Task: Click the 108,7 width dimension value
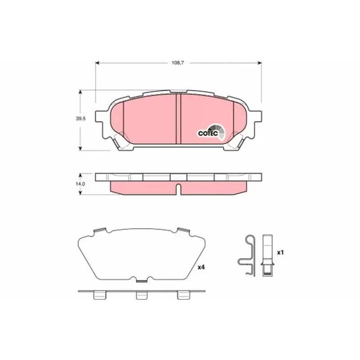click(x=178, y=63)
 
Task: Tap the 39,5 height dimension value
click(x=81, y=118)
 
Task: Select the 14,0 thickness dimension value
click(x=81, y=184)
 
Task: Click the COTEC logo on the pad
click(x=211, y=133)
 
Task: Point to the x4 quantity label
click(x=201, y=267)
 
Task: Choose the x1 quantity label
click(x=280, y=252)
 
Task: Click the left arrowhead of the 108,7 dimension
click(x=97, y=63)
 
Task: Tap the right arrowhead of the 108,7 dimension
click(x=260, y=63)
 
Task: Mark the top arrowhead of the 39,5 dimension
click(x=80, y=92)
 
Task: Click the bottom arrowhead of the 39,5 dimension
click(x=80, y=148)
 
